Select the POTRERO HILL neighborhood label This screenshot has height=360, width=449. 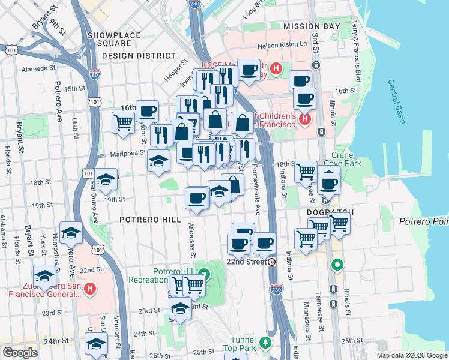pos(150,220)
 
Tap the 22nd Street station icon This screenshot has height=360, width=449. pos(272,262)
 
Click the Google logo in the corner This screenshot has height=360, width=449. pos(19,352)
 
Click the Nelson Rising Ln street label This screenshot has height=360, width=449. pos(282,46)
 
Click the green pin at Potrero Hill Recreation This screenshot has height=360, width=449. pos(204,276)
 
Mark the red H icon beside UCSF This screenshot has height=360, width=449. pos(276,68)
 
